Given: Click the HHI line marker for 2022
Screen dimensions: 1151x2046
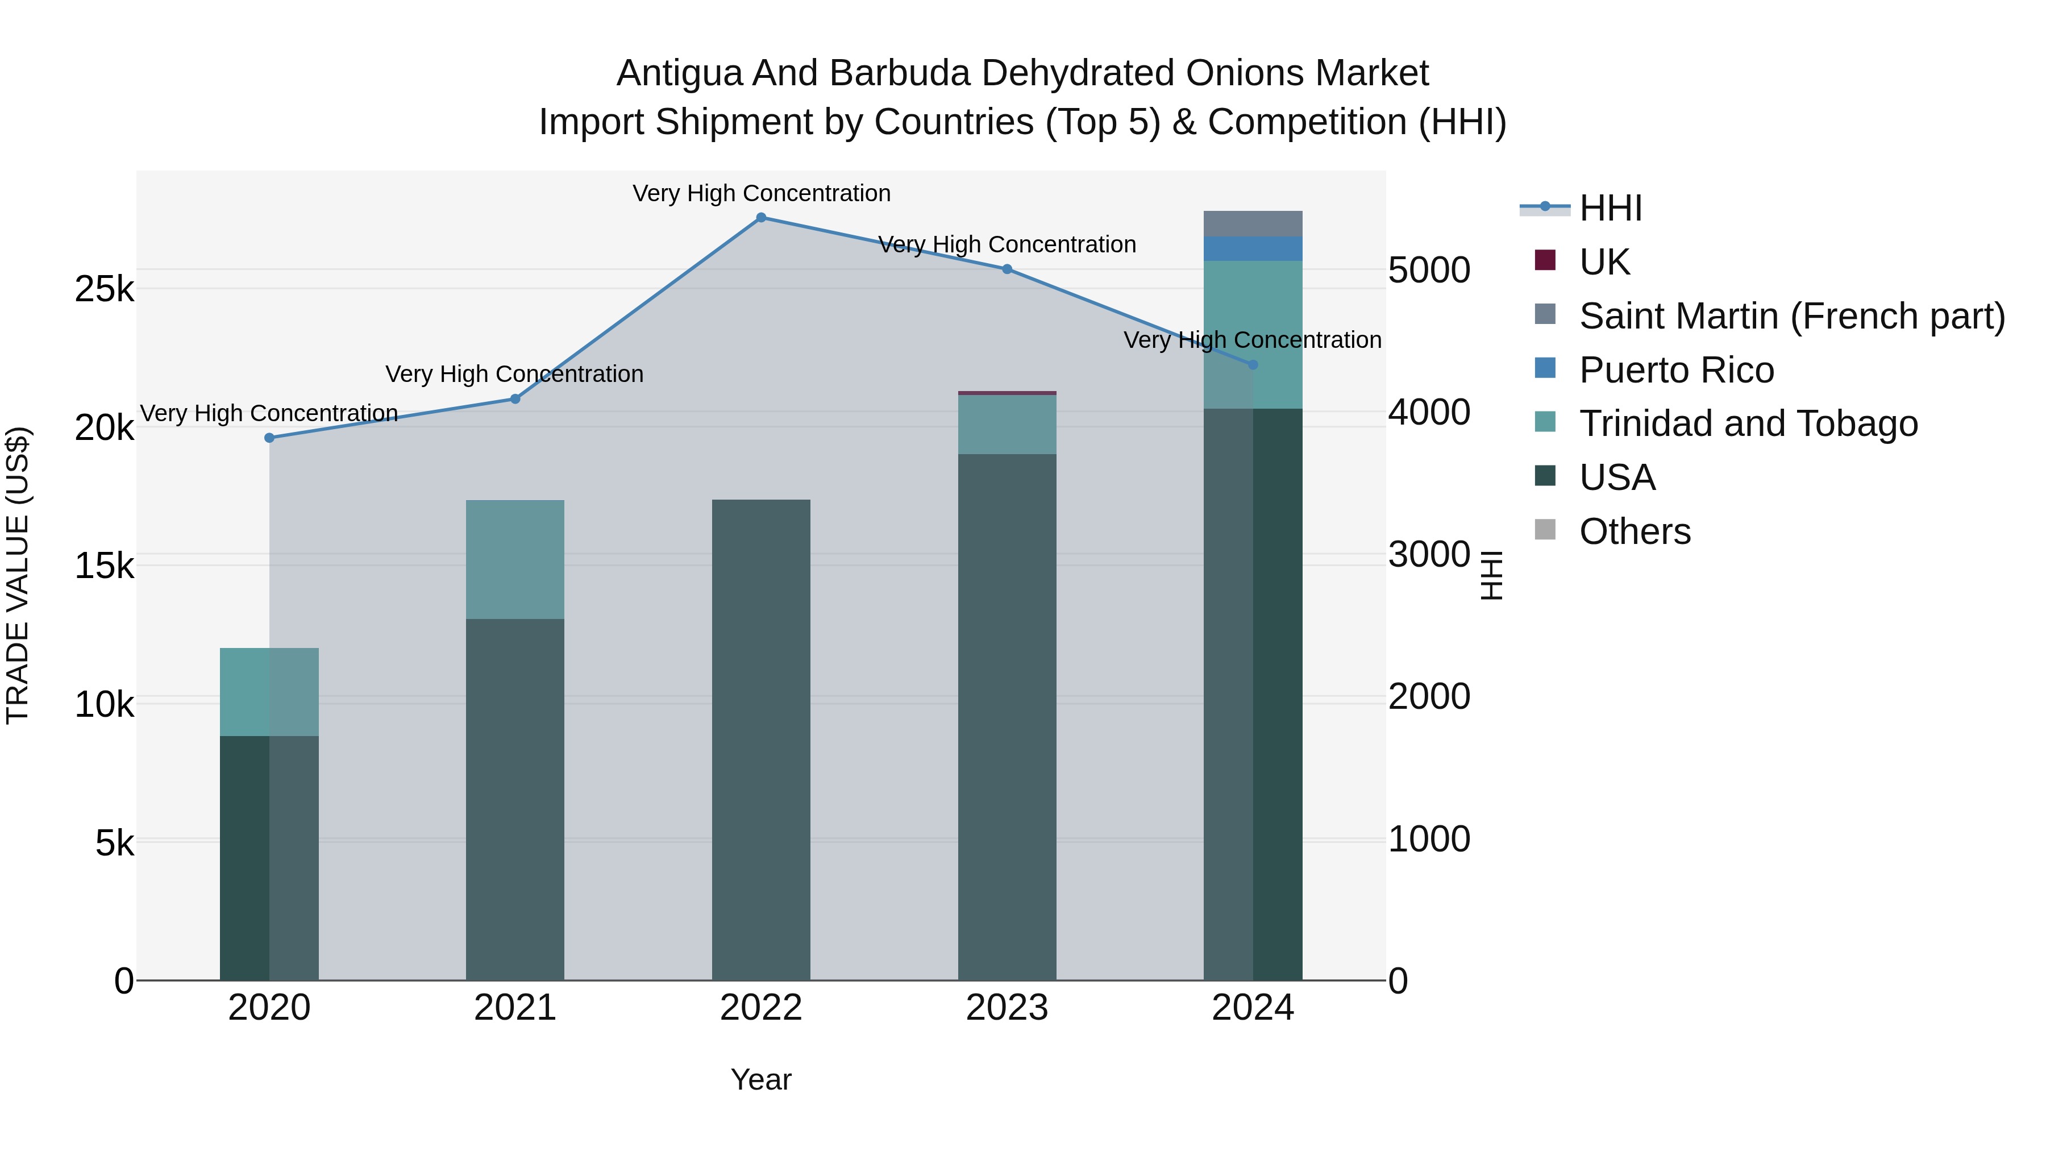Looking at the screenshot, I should [761, 218].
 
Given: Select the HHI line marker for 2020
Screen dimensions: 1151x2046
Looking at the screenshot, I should [269, 438].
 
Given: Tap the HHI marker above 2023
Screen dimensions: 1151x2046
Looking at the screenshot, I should [1007, 269].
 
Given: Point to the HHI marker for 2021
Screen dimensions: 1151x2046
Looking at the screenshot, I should [515, 399].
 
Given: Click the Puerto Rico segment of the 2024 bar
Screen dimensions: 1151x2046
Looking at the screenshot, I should [1253, 248].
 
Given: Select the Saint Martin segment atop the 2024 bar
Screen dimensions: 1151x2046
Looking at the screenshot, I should [1253, 224].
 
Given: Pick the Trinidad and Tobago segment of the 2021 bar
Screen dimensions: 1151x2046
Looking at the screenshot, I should [515, 559].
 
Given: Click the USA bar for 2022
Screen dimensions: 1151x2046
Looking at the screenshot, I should [761, 739].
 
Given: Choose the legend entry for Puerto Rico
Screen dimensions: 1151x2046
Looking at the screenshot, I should [1676, 370].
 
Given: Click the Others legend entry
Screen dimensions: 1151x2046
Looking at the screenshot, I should [1635, 531].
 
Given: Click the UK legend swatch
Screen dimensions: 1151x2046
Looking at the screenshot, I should [1545, 260].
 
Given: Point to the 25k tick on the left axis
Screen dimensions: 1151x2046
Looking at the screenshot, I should [104, 289].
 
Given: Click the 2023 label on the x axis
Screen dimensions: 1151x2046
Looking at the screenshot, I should [1007, 1008].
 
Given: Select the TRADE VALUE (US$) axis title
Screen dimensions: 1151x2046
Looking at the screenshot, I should [18, 575].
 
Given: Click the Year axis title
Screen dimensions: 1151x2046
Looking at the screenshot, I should [761, 1079].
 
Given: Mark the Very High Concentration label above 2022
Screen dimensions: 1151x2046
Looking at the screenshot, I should [761, 193].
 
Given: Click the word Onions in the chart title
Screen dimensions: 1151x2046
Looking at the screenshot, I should [1244, 73].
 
